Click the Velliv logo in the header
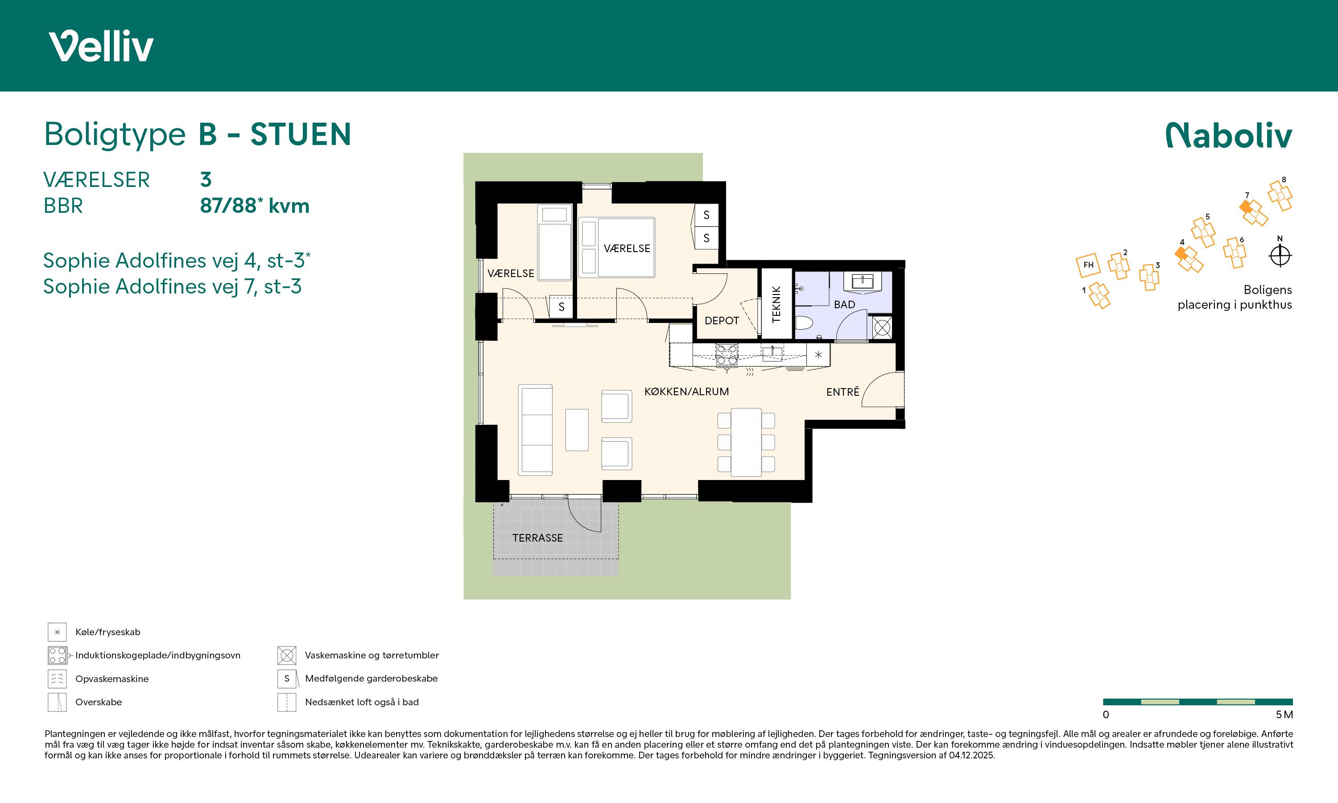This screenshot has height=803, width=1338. [x=101, y=46]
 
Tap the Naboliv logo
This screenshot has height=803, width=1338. [x=1229, y=135]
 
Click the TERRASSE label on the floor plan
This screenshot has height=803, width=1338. [x=537, y=538]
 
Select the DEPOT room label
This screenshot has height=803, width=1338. [x=722, y=321]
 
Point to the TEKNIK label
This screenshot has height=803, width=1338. [x=776, y=304]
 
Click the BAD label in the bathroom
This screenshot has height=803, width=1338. [x=844, y=305]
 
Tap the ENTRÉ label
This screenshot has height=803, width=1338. [x=842, y=392]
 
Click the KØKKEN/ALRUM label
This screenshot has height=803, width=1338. [x=686, y=392]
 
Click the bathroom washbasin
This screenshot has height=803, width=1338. [x=863, y=281]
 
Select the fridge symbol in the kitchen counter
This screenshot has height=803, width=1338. [x=818, y=355]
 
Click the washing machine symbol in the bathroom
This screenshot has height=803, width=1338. [x=882, y=327]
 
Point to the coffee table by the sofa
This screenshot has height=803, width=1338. [x=577, y=430]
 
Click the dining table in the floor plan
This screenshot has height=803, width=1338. [x=746, y=443]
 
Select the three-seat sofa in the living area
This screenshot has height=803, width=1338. [x=535, y=430]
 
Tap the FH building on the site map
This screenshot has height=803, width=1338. [x=1088, y=265]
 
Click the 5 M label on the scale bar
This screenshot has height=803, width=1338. [x=1284, y=715]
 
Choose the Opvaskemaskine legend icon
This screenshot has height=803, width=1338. [x=57, y=679]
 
